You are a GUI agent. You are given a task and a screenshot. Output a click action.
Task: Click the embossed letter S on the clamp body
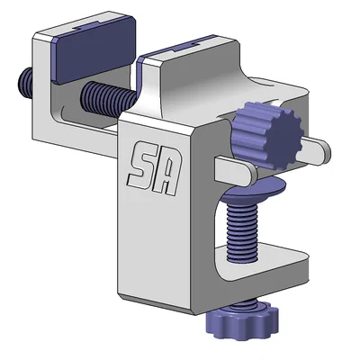pos(141,165)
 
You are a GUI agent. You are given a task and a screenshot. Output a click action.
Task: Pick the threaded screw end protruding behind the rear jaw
pos(26,83)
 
